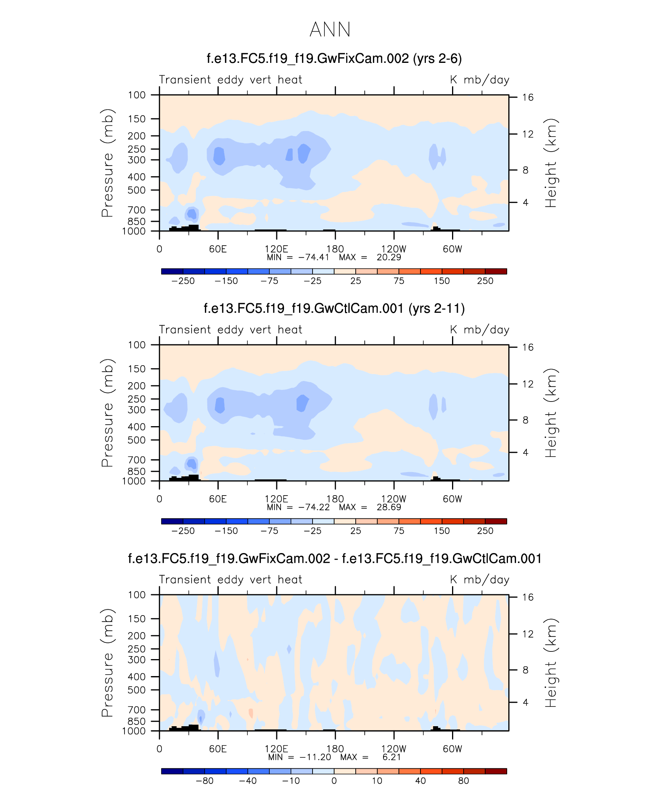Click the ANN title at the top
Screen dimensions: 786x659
point(330,30)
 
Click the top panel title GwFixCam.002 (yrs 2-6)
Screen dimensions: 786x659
point(334,59)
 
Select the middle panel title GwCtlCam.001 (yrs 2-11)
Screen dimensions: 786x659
point(334,309)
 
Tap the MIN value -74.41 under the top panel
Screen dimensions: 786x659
point(314,258)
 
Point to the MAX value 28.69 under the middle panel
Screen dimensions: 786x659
point(388,508)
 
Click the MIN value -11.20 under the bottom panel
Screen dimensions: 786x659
point(315,757)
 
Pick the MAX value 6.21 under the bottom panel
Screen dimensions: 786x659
point(392,757)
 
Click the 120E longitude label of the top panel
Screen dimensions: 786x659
point(276,249)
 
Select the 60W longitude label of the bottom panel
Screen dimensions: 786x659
point(452,749)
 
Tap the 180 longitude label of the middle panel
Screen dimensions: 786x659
point(335,499)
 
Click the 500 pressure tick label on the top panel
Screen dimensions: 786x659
point(137,190)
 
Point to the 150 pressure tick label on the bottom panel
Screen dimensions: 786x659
point(137,619)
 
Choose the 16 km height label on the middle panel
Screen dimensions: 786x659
point(528,347)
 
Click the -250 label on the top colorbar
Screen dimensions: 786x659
point(183,281)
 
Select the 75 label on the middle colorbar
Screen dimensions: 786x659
point(399,531)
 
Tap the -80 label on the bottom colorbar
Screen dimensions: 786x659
point(205,781)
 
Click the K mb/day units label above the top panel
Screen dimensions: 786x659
point(479,80)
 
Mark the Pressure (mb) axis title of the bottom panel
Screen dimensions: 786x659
point(108,663)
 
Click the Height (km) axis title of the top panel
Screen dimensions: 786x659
point(551,163)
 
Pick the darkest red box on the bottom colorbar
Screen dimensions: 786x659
point(496,771)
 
